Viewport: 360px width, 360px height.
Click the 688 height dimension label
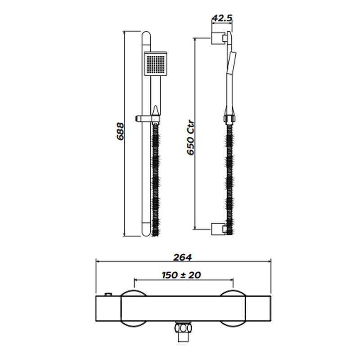[120, 131]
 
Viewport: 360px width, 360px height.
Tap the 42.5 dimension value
[222, 18]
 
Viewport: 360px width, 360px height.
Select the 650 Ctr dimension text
[191, 138]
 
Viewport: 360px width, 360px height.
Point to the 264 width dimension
[182, 257]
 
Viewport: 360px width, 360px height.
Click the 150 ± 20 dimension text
[181, 275]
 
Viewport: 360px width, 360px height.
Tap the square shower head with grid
[156, 63]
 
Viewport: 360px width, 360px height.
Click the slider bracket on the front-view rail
[147, 118]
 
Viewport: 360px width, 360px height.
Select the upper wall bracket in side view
[219, 38]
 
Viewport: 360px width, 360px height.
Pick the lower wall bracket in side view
[219, 229]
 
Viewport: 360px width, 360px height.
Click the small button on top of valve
[108, 294]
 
